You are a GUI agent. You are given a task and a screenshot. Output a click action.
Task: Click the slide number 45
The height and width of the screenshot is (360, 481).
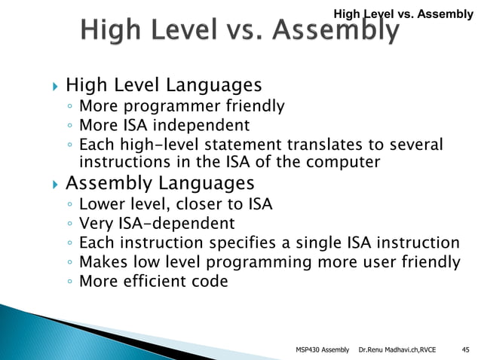click(464, 349)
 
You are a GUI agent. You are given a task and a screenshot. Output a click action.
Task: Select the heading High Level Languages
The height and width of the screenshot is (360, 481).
click(164, 84)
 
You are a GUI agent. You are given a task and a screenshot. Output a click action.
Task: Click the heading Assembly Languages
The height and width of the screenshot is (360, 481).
click(160, 183)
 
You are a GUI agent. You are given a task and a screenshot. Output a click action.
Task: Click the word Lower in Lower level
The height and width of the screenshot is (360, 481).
click(102, 204)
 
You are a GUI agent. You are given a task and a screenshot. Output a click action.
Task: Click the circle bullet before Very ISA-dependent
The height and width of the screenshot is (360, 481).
click(69, 224)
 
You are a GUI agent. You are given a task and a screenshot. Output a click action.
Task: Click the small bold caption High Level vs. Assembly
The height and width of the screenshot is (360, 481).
click(403, 13)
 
